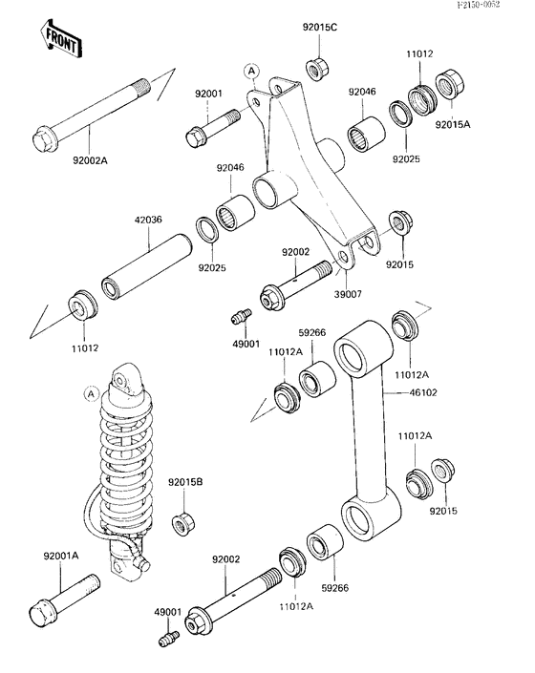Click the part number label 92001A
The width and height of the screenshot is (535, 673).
pyautogui.click(x=61, y=556)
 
